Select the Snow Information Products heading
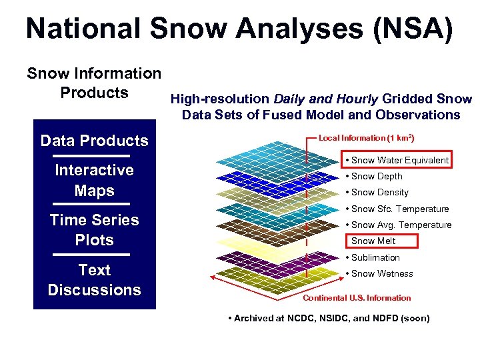point(94,83)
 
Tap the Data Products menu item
point(94,141)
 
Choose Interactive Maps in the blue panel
point(94,180)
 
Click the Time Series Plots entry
point(94,230)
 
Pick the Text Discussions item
point(94,280)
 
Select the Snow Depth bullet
point(377,177)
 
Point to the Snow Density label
point(379,193)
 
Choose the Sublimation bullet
point(375,257)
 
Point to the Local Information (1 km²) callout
point(367,138)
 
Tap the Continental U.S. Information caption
point(357,298)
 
